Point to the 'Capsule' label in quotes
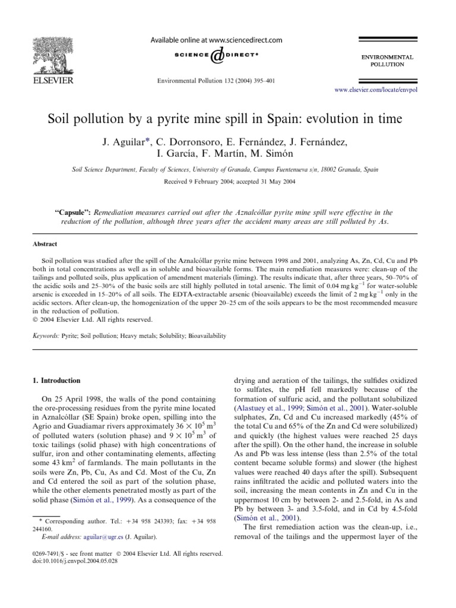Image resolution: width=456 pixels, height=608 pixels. (74, 211)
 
